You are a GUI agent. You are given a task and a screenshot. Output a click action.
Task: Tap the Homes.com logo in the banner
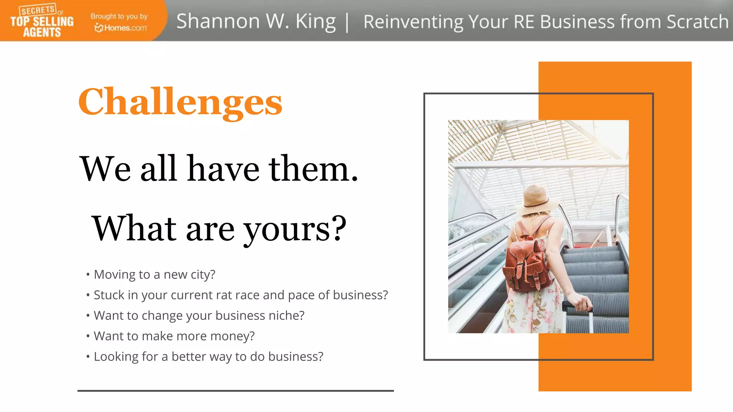click(121, 28)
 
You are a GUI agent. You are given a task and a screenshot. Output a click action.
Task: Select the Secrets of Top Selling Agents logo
click(42, 21)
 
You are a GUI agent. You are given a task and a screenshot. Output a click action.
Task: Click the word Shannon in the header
click(218, 21)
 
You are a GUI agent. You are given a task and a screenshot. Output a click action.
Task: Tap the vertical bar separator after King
click(347, 23)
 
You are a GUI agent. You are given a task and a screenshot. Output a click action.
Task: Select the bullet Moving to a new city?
click(154, 274)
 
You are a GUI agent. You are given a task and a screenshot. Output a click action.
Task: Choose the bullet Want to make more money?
click(174, 336)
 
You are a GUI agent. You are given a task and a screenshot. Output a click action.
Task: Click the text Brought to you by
click(119, 16)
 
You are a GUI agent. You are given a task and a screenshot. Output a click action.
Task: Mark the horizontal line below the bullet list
click(236, 391)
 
